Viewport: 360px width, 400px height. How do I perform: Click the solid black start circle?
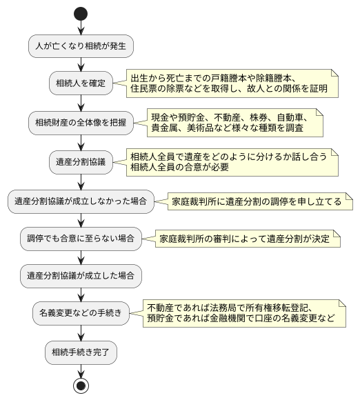81,13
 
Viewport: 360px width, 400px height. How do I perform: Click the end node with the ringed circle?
81,385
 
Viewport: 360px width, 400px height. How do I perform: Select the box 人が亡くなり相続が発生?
81,46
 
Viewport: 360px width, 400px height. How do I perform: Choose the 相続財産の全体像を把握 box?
81,123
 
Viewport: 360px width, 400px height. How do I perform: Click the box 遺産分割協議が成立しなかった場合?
81,201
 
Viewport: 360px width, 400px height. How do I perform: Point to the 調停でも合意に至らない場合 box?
81,239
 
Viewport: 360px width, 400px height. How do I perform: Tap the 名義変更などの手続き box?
81,313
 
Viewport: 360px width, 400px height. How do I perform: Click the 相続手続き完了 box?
81,352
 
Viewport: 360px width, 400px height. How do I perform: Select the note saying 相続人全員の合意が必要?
232,161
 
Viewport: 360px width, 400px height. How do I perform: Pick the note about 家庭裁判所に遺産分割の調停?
255,201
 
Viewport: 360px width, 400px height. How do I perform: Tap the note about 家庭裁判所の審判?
248,239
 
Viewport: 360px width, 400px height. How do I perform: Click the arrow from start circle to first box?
81,27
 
